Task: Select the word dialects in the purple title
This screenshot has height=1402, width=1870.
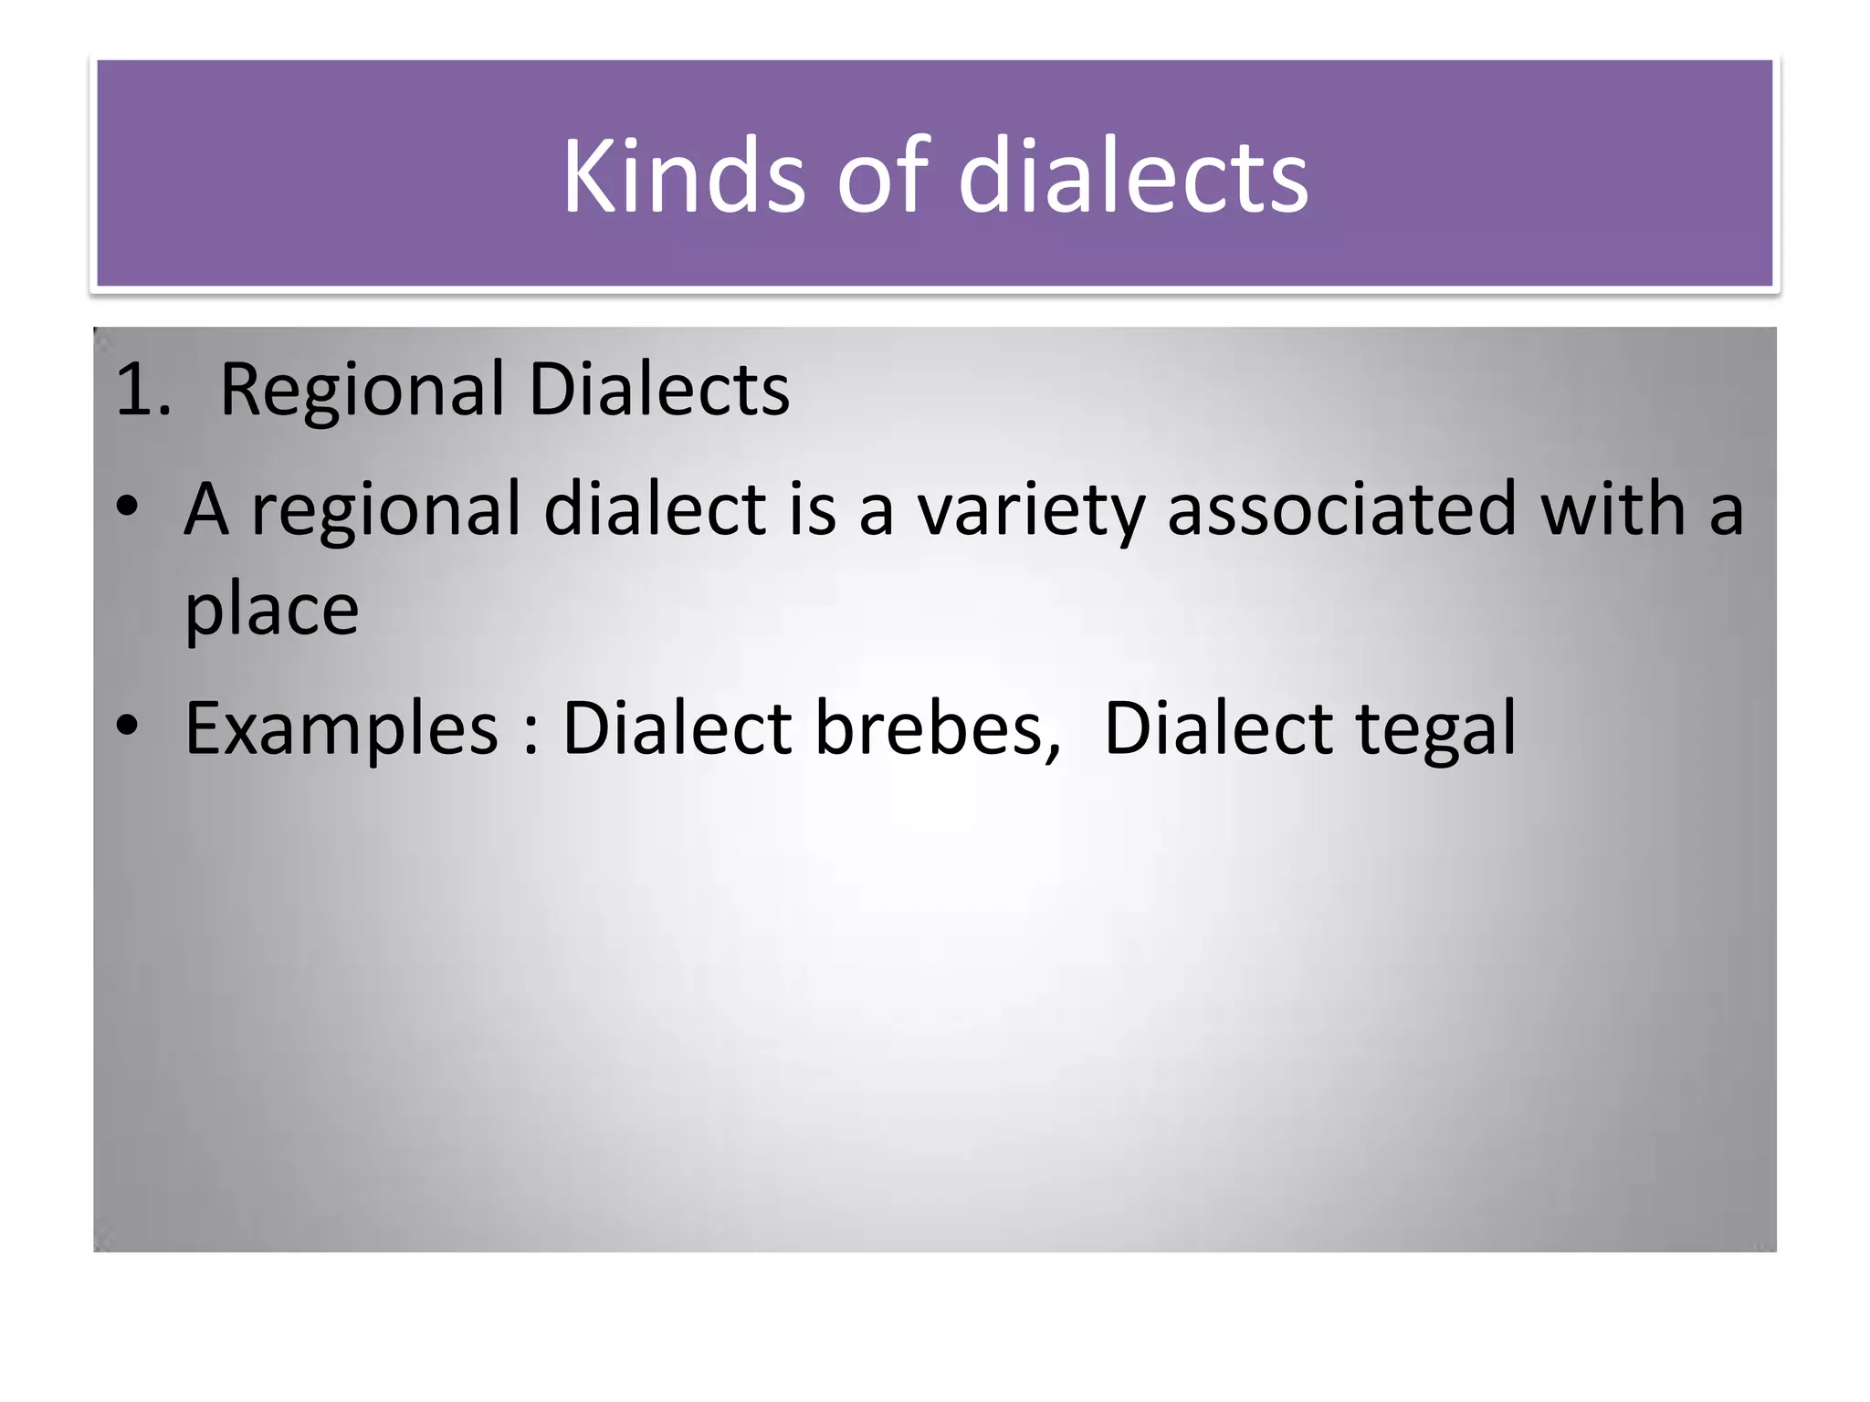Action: [x=1132, y=175]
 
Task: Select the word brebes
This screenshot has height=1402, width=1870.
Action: [x=937, y=728]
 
